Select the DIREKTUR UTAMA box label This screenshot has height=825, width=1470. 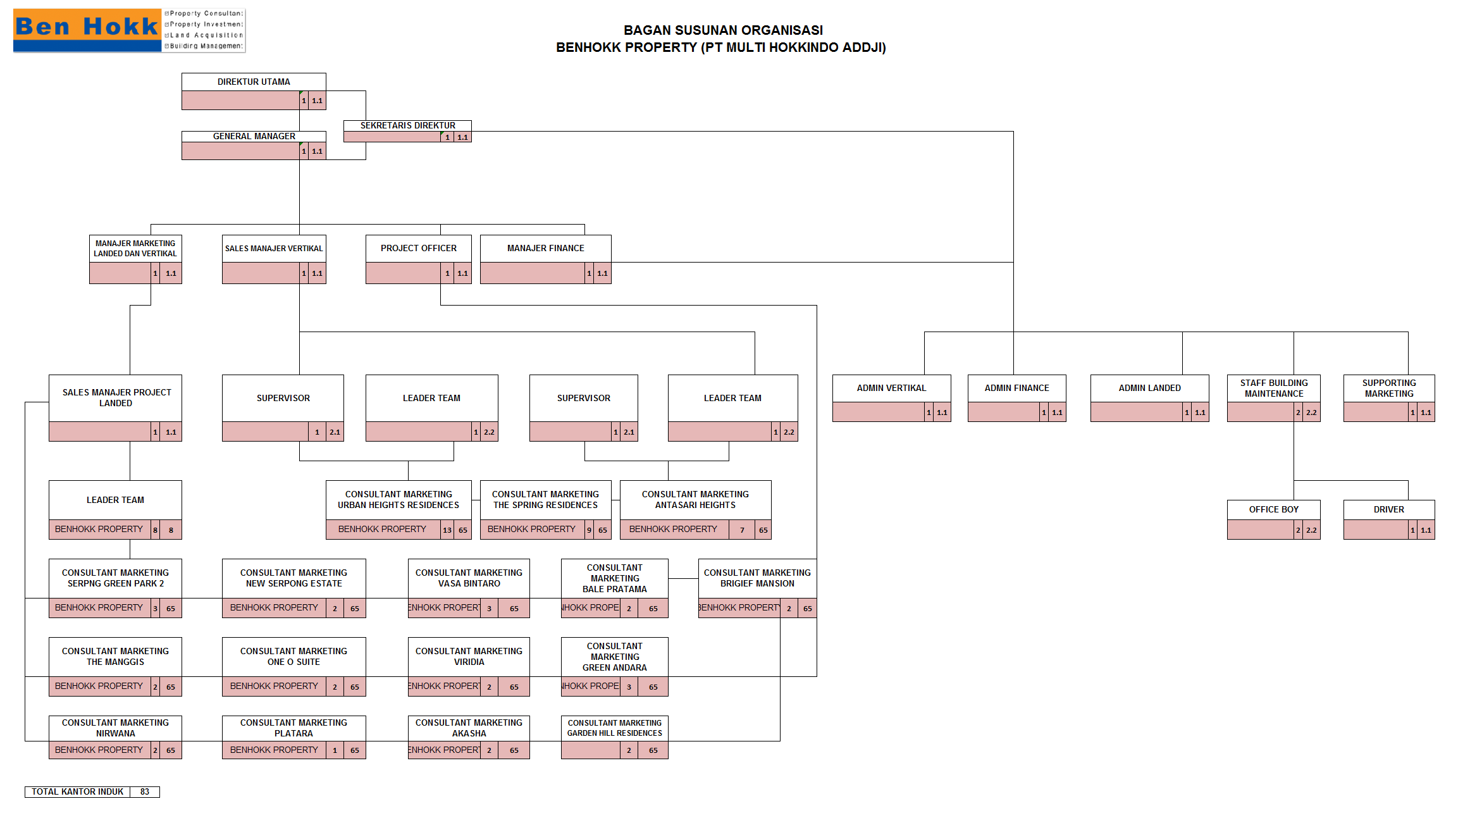[x=254, y=82]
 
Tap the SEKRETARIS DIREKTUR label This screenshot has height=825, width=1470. [x=407, y=125]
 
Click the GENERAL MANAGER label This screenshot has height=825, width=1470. [x=254, y=136]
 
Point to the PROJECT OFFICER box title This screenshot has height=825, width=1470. [x=418, y=248]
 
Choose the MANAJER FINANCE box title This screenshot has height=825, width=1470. [x=545, y=248]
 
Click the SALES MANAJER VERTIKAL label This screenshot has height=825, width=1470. [x=274, y=248]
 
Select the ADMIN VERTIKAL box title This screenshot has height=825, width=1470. [x=891, y=388]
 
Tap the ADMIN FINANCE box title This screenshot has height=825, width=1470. [x=1016, y=388]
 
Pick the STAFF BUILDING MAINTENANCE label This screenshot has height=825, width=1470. [x=1273, y=388]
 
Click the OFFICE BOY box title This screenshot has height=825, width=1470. [x=1273, y=509]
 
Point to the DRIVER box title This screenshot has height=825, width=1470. [x=1388, y=509]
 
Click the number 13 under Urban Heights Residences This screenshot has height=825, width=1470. [x=447, y=530]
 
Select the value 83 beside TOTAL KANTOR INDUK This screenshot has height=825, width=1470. [x=145, y=791]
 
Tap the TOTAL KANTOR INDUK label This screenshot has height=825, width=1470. [x=78, y=791]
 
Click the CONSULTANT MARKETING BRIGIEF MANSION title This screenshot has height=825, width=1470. [x=757, y=578]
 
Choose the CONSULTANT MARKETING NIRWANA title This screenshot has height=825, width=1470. [x=115, y=728]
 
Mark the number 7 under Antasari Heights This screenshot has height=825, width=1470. [x=742, y=530]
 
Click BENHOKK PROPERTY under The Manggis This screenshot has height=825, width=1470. [x=99, y=686]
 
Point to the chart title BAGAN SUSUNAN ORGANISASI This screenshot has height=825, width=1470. [x=723, y=30]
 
